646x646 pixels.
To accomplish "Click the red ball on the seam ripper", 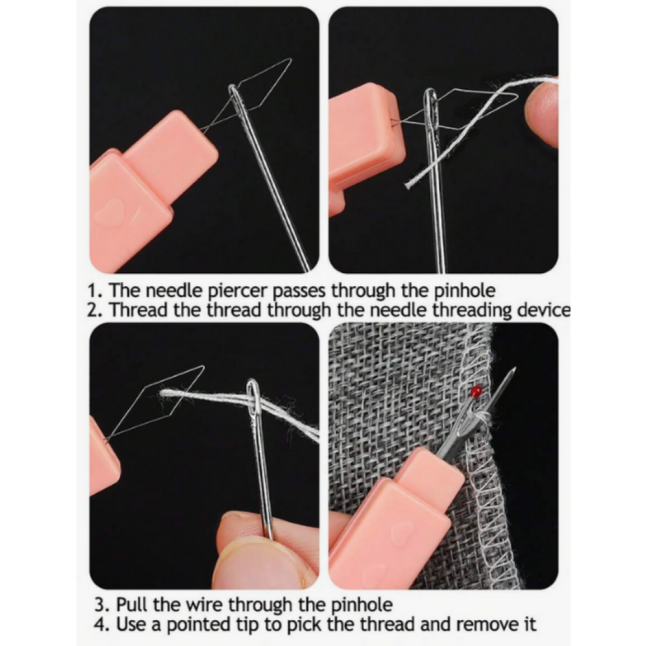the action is (477, 390).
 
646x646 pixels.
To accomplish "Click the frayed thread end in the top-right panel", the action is (409, 184).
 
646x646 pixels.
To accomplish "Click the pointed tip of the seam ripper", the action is (514, 368).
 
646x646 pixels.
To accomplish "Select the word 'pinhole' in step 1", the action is (464, 291).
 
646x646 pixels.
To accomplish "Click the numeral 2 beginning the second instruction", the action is (94, 310).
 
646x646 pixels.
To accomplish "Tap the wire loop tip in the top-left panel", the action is (290, 60).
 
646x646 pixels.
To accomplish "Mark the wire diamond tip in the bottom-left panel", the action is (203, 367).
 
